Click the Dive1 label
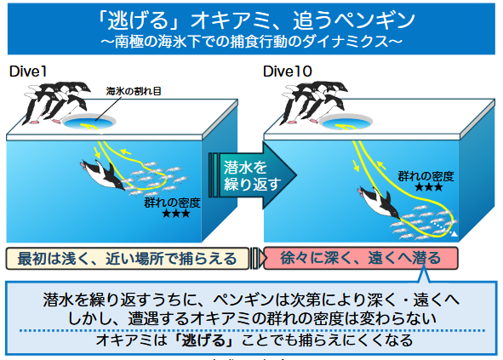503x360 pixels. point(28,71)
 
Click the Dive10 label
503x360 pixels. point(287,71)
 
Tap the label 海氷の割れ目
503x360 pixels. point(134,91)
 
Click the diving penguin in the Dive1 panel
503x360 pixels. point(103,174)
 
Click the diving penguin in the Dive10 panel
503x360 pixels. point(380,203)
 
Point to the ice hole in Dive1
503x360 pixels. point(89,123)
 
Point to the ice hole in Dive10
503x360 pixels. point(346,123)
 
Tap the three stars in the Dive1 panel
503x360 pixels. point(176,214)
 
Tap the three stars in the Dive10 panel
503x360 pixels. point(429,187)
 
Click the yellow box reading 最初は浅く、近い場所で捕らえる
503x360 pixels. point(128,258)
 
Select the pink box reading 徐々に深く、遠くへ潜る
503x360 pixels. point(361,258)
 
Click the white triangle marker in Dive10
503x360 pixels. point(454,233)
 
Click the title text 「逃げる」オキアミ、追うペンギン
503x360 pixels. point(255,20)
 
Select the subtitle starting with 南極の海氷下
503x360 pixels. point(251,42)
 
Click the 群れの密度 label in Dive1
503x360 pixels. point(172,203)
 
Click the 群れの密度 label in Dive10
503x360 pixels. point(426,176)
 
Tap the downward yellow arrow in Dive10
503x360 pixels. point(356,166)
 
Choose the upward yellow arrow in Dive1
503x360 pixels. point(125,151)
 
